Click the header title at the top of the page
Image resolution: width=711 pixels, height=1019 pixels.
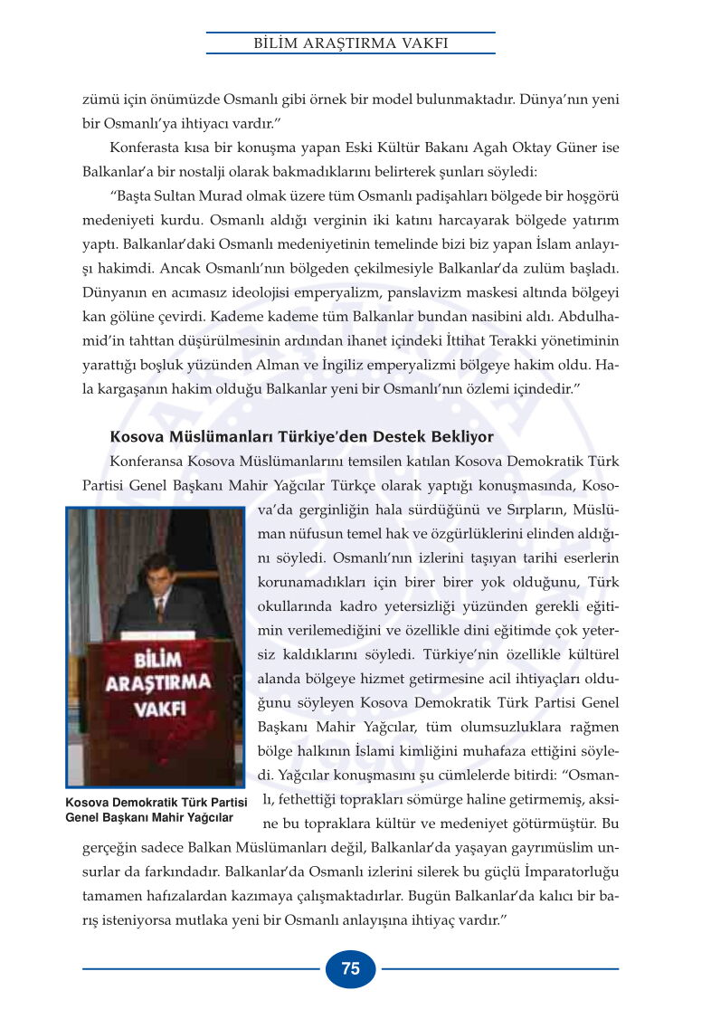pyautogui.click(x=350, y=43)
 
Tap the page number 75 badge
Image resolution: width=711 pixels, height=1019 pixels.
pyautogui.click(x=350, y=968)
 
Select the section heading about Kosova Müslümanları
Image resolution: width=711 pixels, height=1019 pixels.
pyautogui.click(x=301, y=437)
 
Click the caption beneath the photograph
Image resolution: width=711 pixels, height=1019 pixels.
pyautogui.click(x=156, y=810)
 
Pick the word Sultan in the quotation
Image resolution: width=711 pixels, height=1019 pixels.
pyautogui.click(x=178, y=195)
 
